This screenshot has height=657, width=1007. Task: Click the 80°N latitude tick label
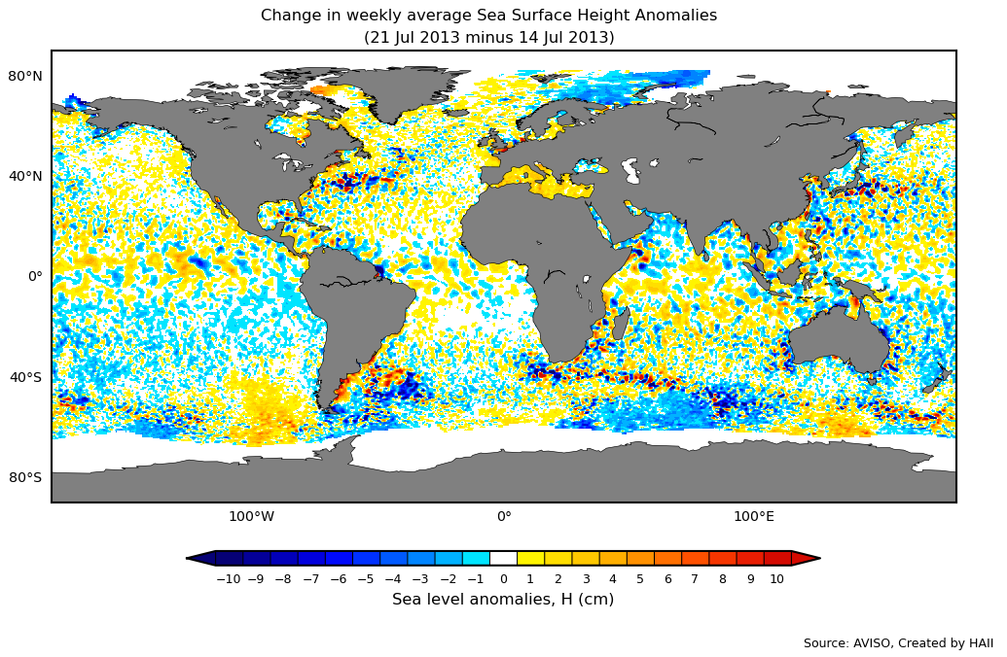pos(25,76)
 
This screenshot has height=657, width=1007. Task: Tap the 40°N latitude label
pos(25,176)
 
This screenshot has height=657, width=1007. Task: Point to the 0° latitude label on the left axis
pos(34,276)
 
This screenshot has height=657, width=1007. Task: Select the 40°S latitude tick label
pos(25,377)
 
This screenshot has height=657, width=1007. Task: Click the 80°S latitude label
pos(25,477)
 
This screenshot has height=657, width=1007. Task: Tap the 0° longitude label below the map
pos(504,516)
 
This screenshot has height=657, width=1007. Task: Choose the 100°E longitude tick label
pos(753,516)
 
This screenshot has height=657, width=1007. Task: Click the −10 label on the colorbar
pos(228,579)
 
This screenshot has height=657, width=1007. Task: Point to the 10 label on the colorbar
pos(776,579)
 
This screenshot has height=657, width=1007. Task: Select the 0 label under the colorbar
pos(503,579)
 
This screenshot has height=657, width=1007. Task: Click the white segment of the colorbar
pos(503,558)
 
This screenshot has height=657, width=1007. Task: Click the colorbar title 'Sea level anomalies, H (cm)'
pos(503,600)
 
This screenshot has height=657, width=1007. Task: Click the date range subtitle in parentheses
pos(488,38)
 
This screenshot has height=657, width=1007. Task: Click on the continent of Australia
pos(837,340)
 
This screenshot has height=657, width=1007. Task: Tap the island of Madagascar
pos(621,322)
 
